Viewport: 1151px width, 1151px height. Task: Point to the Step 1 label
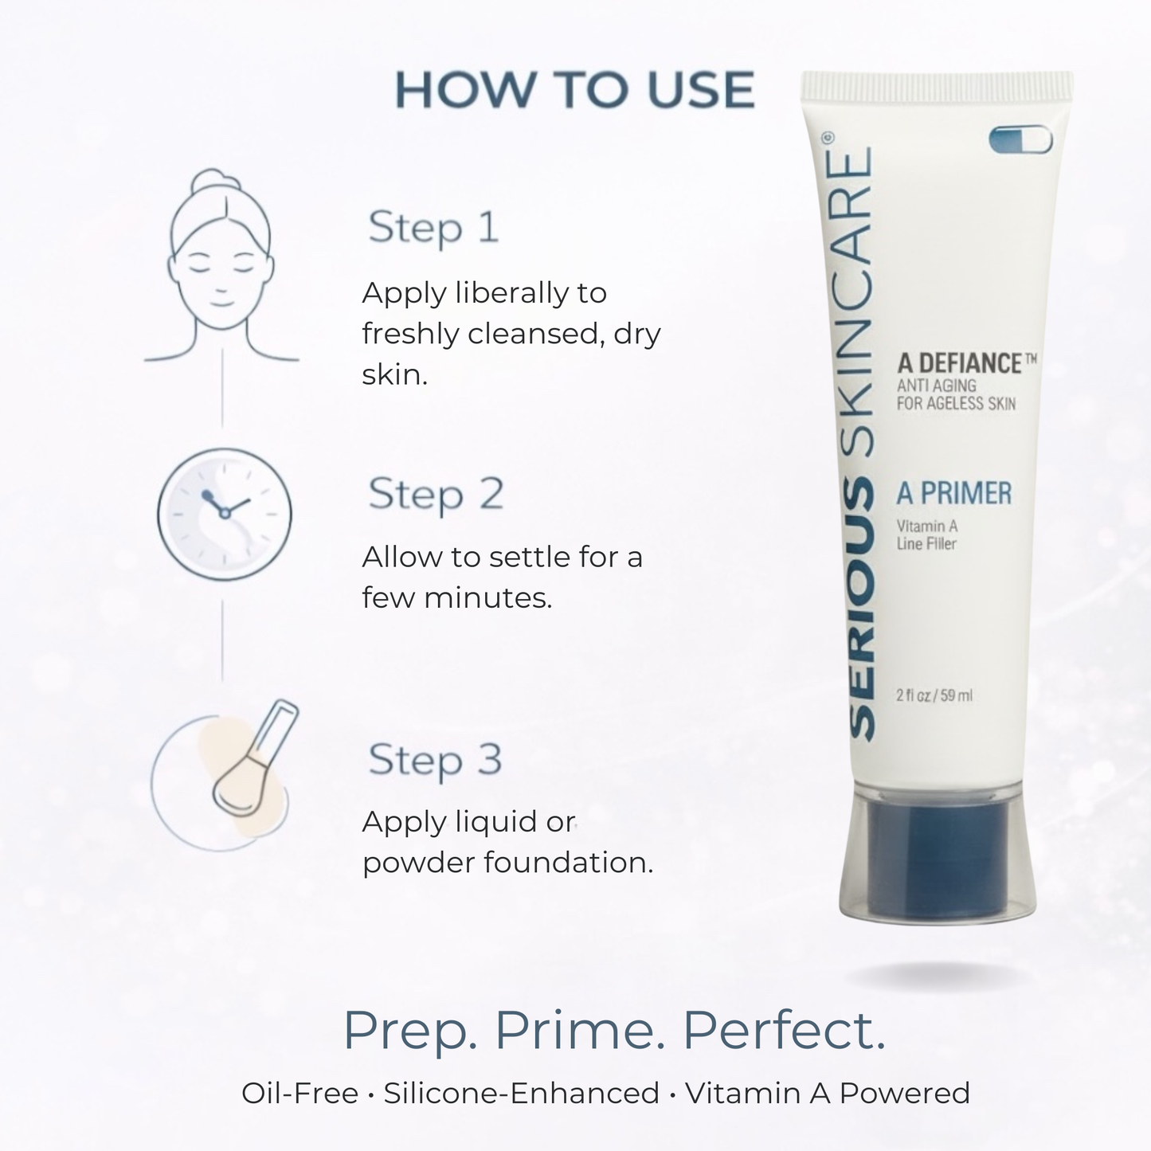433,228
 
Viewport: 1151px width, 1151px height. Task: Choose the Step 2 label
436,494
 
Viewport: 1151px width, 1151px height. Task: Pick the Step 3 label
435,759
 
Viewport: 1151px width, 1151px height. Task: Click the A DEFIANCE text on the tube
959,364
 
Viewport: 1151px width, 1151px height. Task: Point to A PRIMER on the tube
953,494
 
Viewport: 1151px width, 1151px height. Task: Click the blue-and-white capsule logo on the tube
1020,140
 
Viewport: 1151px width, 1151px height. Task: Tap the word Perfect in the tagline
784,1031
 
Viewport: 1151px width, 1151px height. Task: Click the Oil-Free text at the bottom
299,1094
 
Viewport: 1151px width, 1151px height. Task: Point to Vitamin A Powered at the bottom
828,1094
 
